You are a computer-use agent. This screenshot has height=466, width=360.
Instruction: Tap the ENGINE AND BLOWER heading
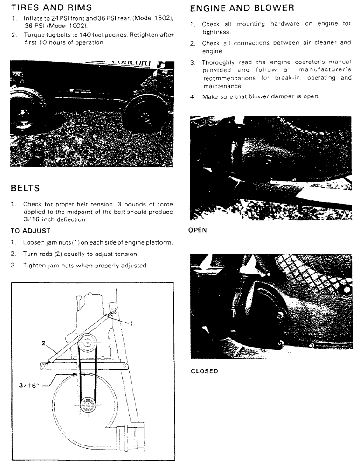click(242, 8)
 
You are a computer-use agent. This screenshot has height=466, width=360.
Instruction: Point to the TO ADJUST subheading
click(30, 231)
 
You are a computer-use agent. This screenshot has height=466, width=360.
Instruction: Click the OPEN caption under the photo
click(197, 230)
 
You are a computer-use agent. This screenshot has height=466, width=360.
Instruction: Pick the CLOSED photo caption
click(204, 371)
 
